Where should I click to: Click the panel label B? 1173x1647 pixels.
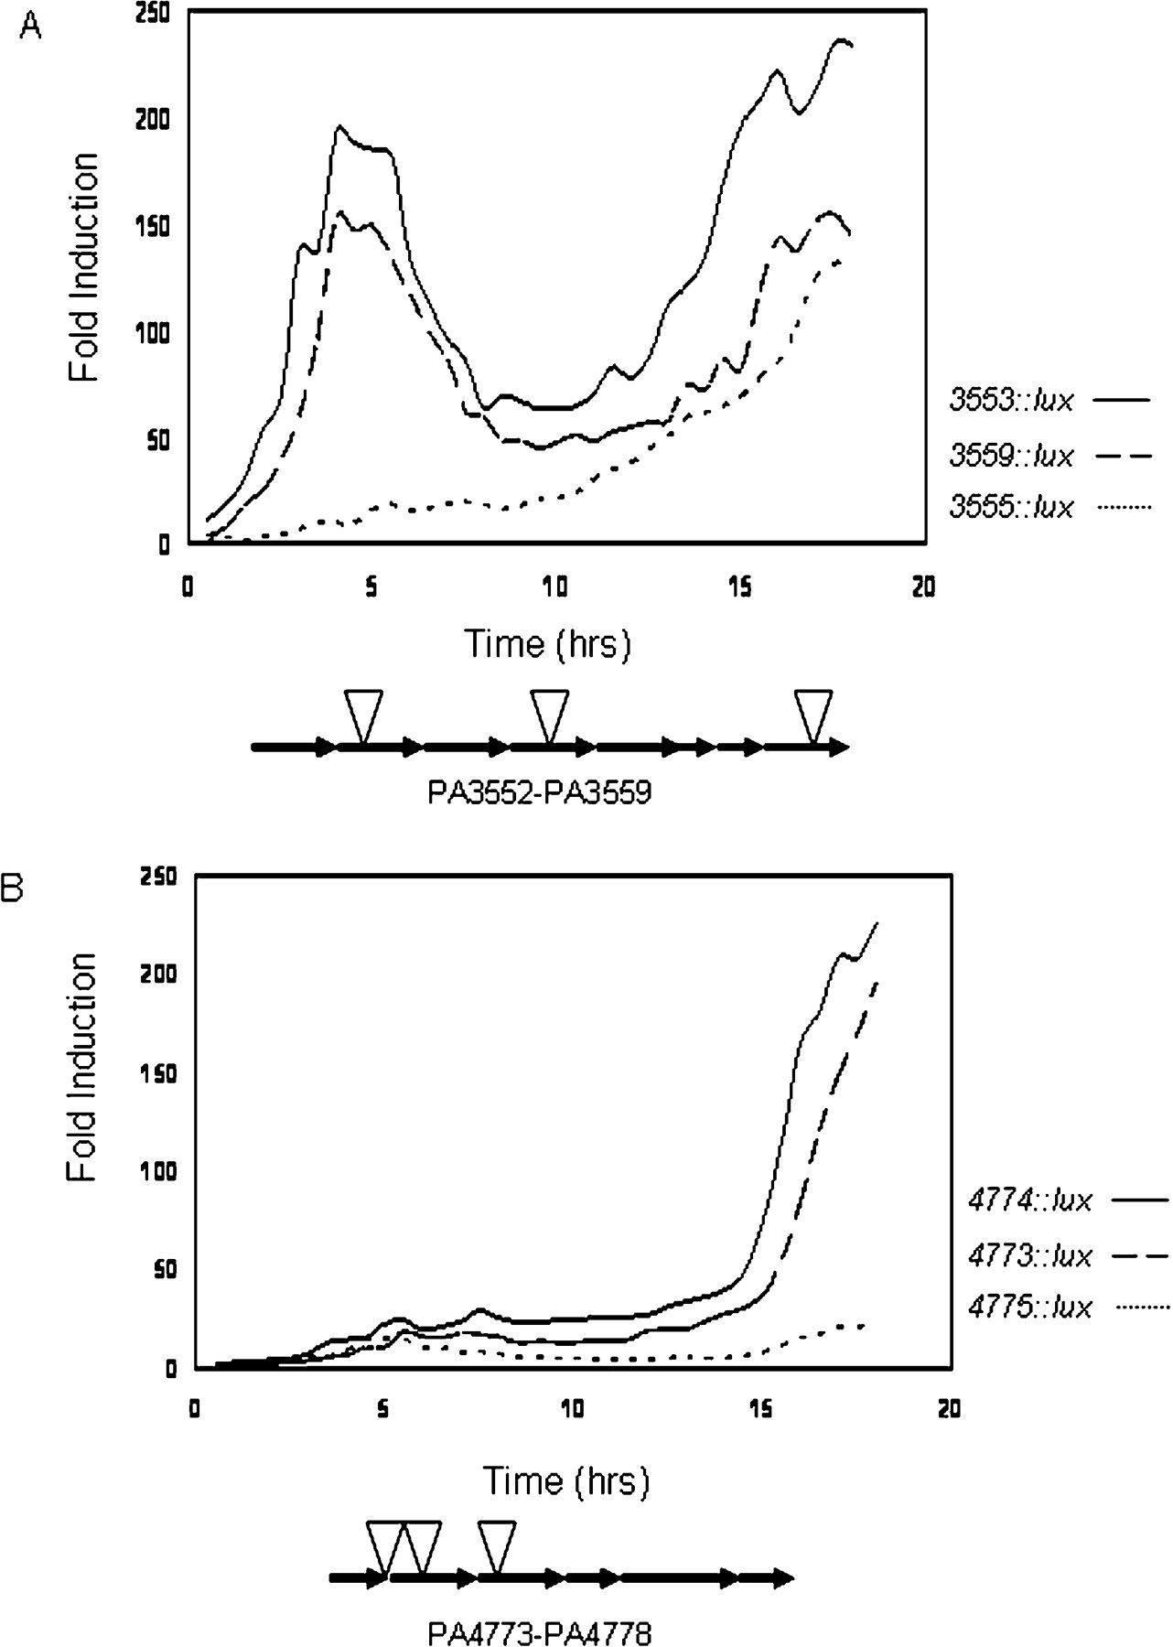(13, 890)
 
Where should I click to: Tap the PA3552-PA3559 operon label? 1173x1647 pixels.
(539, 792)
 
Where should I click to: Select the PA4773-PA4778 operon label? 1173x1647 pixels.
(539, 1631)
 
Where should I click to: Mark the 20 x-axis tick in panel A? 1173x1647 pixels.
(923, 588)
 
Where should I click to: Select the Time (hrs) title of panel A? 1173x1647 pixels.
(548, 645)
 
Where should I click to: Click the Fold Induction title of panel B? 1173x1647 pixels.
(82, 1067)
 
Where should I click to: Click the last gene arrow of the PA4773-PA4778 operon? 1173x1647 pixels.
(767, 1578)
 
